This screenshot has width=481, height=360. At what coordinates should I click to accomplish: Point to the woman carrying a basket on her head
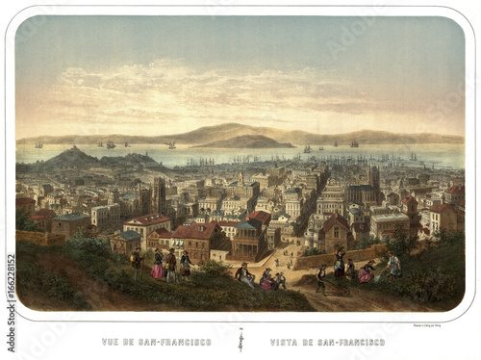pyautogui.click(x=339, y=262)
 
